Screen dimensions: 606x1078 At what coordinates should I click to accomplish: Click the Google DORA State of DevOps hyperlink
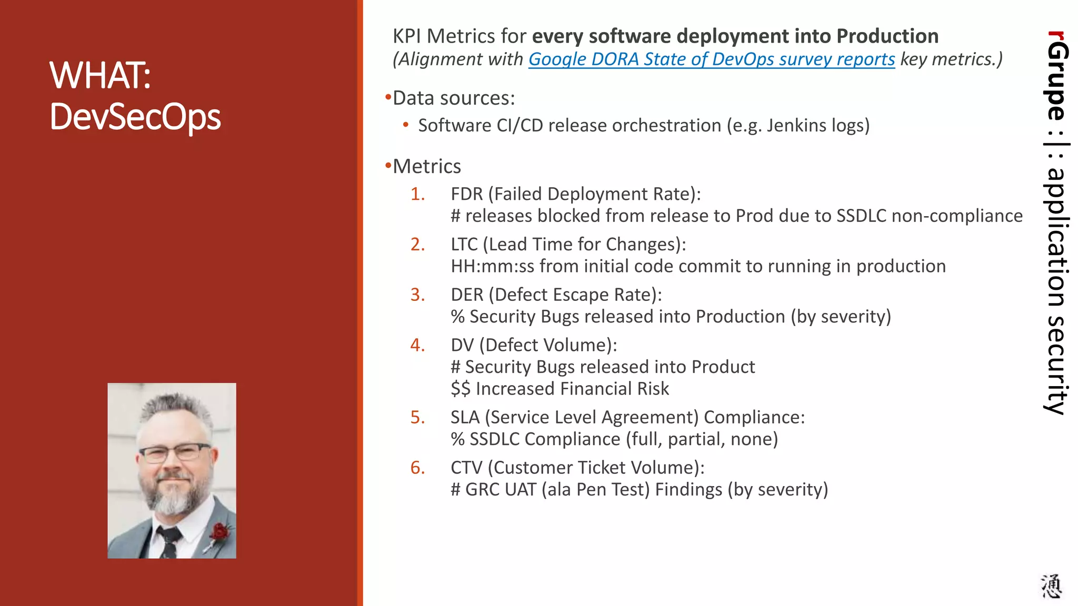[711, 59]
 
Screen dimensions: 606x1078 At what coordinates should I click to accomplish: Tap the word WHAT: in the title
[101, 75]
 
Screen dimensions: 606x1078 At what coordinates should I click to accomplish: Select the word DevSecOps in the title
[135, 116]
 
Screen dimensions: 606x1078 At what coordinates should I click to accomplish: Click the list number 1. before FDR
[418, 194]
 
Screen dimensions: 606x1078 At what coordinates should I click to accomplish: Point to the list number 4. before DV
[418, 345]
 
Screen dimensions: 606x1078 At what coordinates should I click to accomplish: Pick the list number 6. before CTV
[418, 468]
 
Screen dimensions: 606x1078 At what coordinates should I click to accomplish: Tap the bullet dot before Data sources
[388, 97]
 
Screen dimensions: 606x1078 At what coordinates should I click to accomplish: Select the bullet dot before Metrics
[388, 166]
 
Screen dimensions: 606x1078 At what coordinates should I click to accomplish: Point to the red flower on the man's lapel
[220, 532]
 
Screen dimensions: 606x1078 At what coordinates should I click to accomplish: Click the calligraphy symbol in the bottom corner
[1051, 586]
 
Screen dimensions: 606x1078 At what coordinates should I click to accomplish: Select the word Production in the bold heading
[887, 36]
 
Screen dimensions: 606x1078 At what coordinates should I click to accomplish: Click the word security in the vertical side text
[1056, 366]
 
